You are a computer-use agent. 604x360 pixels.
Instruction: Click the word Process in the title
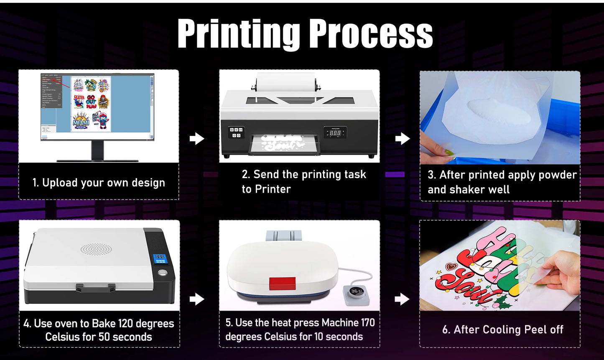point(372,35)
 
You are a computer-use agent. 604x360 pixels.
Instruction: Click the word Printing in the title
point(239,35)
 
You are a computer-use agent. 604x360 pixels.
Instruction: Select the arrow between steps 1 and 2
point(197,138)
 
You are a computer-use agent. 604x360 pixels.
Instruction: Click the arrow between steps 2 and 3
point(402,138)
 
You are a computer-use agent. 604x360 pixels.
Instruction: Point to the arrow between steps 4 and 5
point(197,299)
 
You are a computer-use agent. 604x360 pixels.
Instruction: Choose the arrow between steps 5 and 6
point(402,299)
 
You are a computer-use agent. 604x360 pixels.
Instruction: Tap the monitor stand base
point(97,160)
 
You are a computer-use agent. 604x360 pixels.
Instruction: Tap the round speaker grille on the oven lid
point(96,250)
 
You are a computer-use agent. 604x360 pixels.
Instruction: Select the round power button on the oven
point(162,274)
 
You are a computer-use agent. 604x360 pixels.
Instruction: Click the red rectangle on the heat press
point(282,283)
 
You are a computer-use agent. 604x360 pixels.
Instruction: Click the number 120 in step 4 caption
point(127,324)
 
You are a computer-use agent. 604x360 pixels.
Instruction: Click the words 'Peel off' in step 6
point(544,329)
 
